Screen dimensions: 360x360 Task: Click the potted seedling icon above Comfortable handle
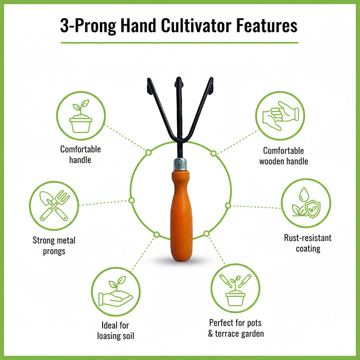pyautogui.click(x=81, y=116)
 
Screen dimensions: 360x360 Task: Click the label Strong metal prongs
pyautogui.click(x=54, y=246)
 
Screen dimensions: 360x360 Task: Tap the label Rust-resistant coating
pyautogui.click(x=308, y=243)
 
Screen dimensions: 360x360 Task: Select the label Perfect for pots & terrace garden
pyautogui.click(x=236, y=328)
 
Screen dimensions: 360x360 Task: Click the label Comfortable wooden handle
pyautogui.click(x=283, y=156)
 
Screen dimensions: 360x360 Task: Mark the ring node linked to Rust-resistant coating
pyautogui.click(x=228, y=206)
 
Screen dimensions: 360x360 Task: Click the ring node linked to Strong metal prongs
pyautogui.click(x=132, y=200)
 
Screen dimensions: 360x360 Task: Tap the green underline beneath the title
pyautogui.click(x=179, y=43)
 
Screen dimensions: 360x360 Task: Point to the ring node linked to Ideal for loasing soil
pyautogui.click(x=157, y=234)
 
